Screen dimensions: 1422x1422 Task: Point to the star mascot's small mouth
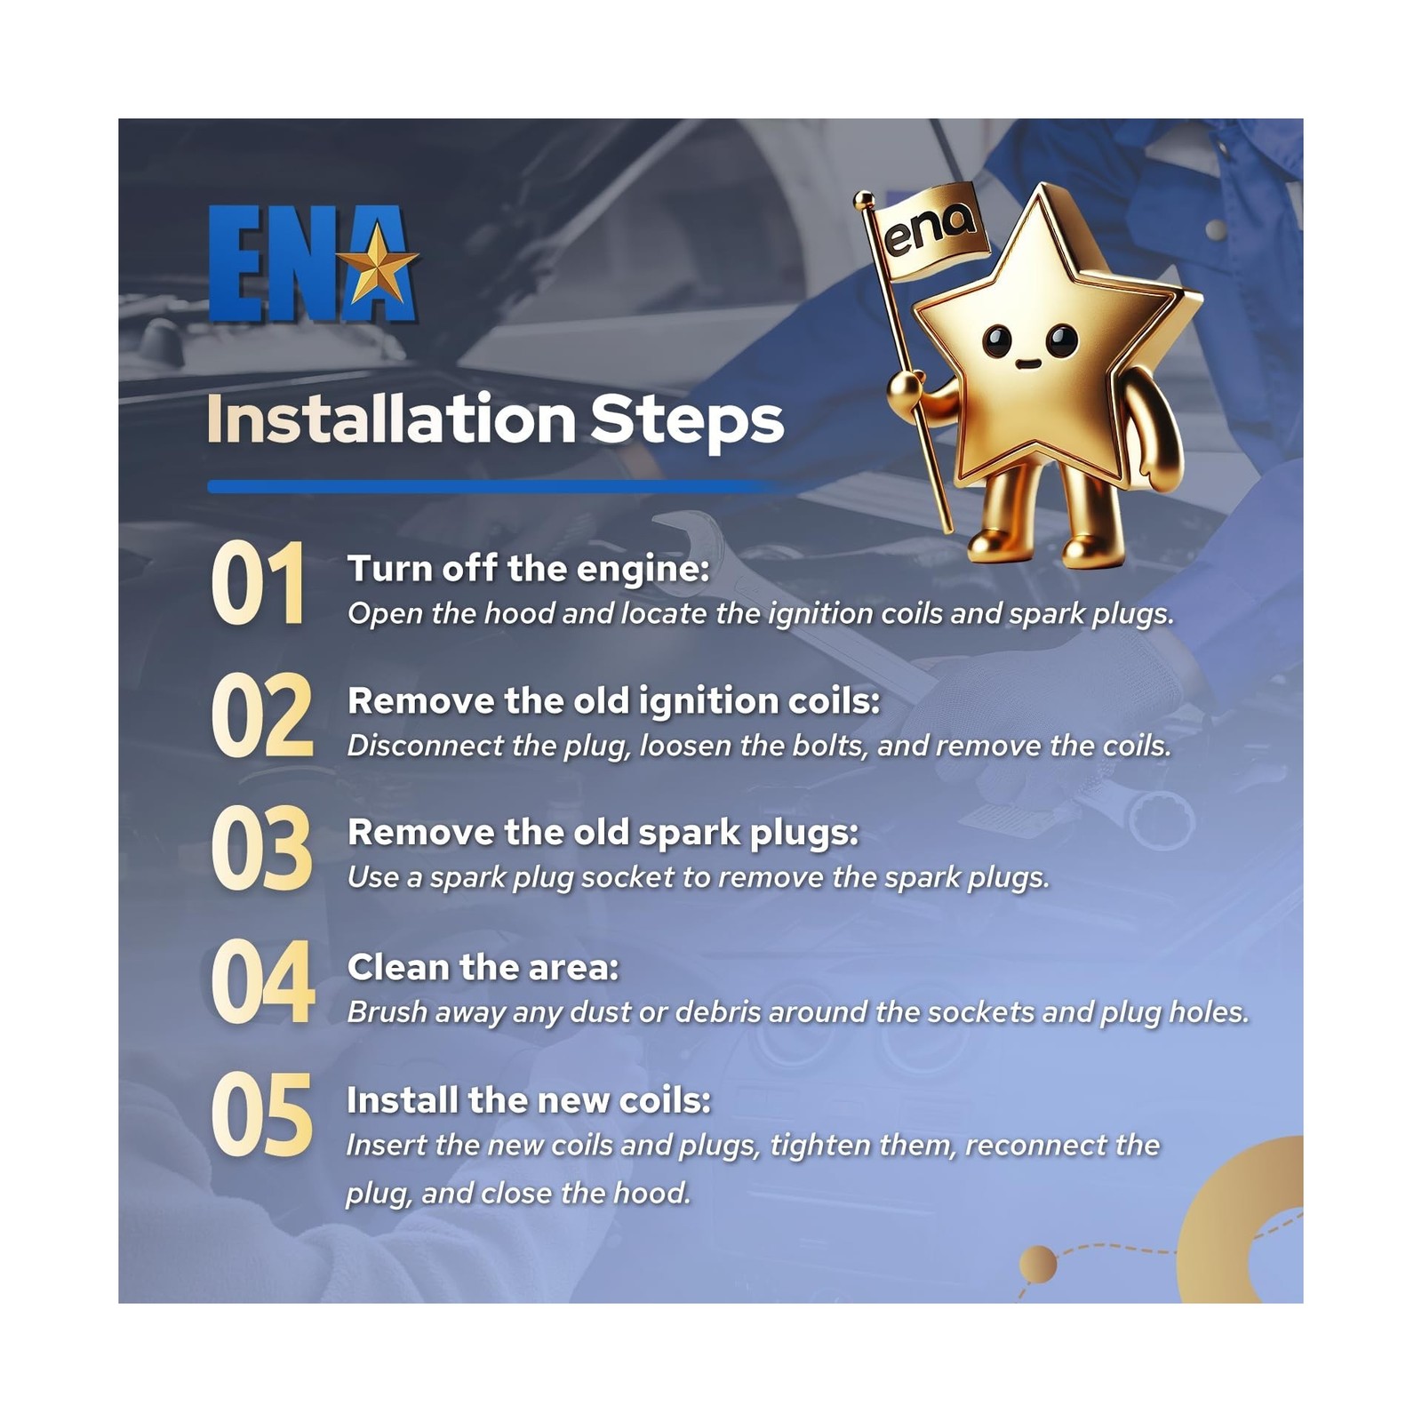pyautogui.click(x=1028, y=363)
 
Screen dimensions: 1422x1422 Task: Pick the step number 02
pyautogui.click(x=262, y=717)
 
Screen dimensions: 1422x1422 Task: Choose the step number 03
pyautogui.click(x=262, y=850)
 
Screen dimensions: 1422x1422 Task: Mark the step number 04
pyautogui.click(x=263, y=983)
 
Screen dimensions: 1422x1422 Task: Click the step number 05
pyautogui.click(x=262, y=1115)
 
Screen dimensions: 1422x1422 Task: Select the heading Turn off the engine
pyautogui.click(x=529, y=570)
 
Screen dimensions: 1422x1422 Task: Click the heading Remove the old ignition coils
pyautogui.click(x=614, y=701)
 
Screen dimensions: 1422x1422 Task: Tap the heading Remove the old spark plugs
pyautogui.click(x=603, y=834)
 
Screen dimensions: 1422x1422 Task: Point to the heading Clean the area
pyautogui.click(x=483, y=967)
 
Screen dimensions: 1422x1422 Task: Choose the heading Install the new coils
pyautogui.click(x=529, y=1100)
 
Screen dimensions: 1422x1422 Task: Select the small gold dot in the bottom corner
pyautogui.click(x=1037, y=1264)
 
